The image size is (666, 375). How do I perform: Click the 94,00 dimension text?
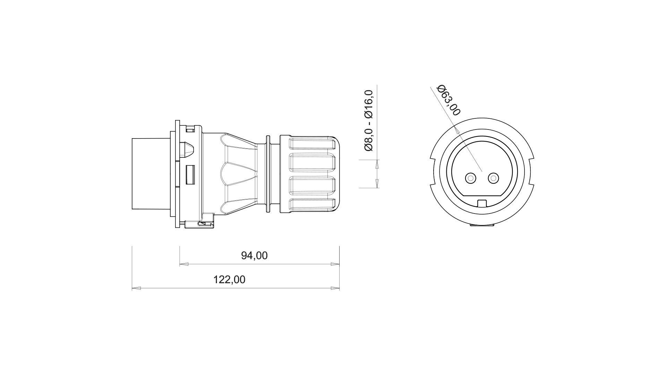(254, 256)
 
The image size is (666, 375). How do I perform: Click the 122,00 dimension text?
(229, 280)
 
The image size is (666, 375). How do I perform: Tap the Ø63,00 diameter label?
(449, 100)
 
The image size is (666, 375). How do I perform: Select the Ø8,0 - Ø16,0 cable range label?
(369, 120)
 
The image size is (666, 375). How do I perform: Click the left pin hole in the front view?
(471, 178)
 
